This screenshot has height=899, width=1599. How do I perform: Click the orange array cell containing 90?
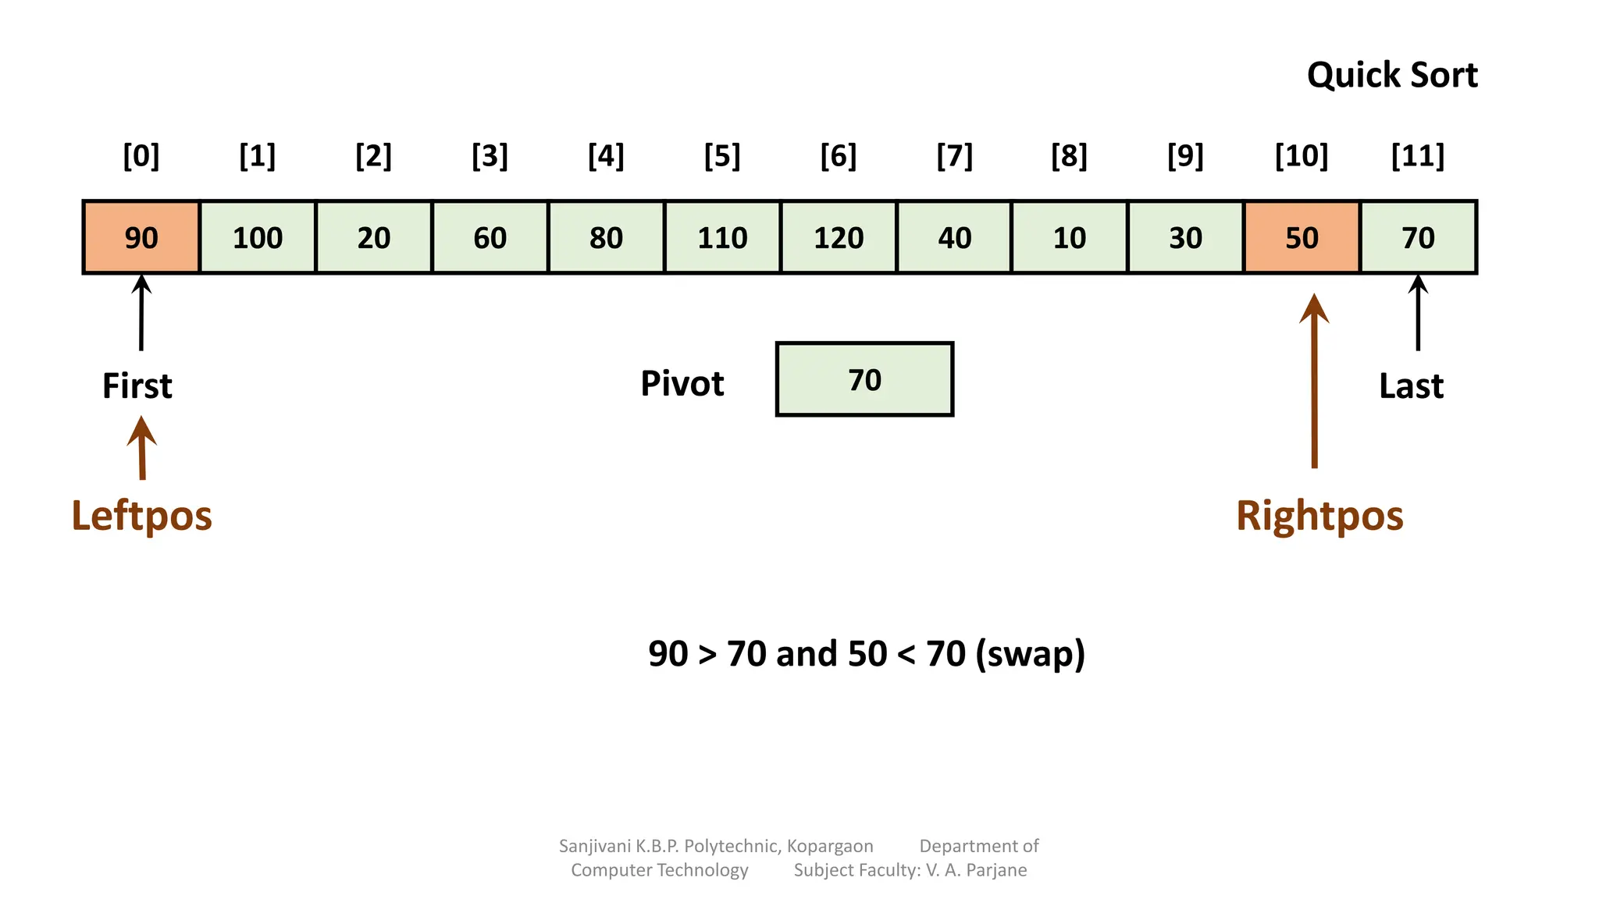[141, 237]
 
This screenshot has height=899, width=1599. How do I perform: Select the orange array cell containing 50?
[1302, 237]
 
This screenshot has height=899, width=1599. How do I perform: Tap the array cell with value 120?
[839, 237]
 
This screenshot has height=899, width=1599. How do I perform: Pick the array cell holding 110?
[722, 237]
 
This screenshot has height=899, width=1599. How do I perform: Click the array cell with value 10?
[1070, 237]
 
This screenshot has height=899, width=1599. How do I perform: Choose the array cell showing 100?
[258, 237]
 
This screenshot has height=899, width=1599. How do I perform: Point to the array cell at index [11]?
[1418, 237]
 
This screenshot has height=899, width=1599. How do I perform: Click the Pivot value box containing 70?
[864, 379]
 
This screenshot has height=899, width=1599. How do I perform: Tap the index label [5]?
[722, 156]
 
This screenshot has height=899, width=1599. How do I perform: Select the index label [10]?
[1302, 156]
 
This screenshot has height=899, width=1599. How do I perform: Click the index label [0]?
[141, 156]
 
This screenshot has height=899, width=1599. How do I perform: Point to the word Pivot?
[682, 383]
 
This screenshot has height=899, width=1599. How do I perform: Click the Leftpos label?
[141, 516]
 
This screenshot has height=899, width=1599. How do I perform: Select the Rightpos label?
[1319, 516]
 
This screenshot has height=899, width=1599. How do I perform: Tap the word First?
[137, 386]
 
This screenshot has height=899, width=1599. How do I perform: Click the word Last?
[1411, 386]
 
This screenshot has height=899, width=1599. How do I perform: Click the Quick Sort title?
[1392, 75]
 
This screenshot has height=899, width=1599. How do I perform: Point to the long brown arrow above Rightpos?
[1314, 382]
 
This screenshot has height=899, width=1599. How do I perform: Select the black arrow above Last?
[1418, 312]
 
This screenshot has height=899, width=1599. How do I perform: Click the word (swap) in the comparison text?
[1031, 654]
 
